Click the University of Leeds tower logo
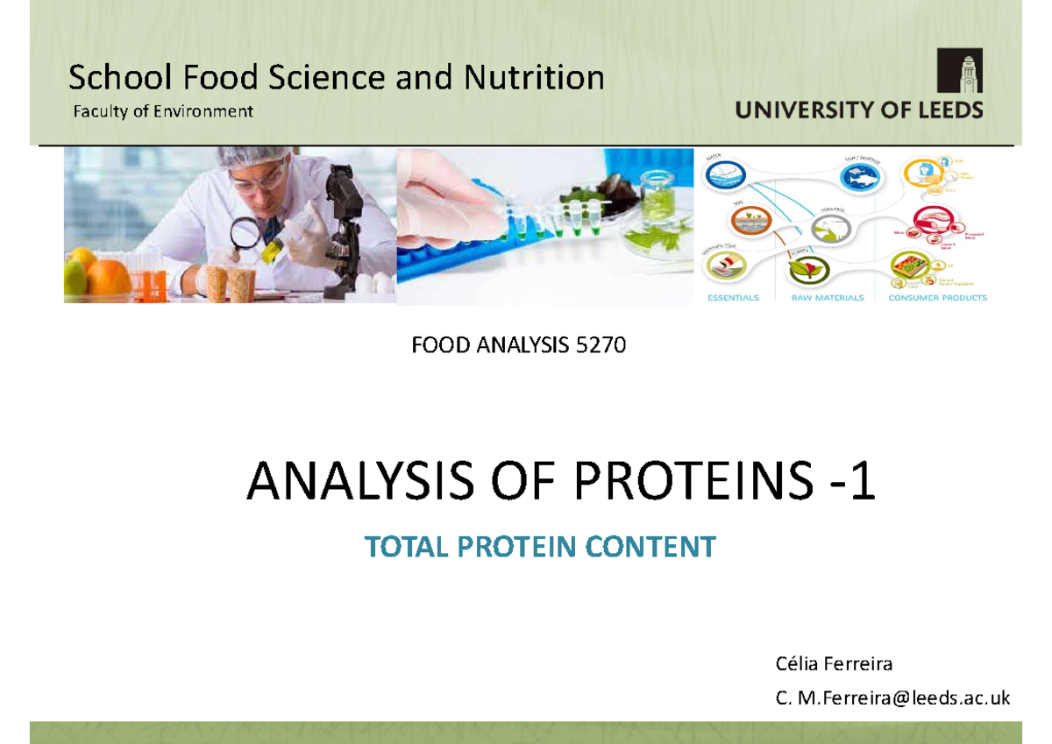[959, 70]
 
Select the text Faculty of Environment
[160, 111]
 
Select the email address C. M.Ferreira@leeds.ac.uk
[892, 698]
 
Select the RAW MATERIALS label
[827, 298]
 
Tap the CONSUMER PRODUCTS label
[937, 298]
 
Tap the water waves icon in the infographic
[727, 174]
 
